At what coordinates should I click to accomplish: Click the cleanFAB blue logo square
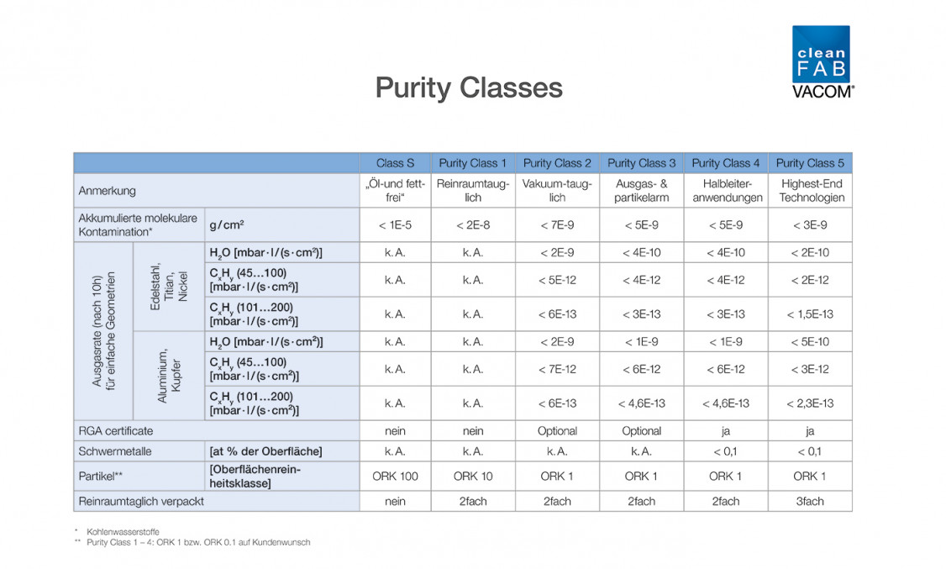pyautogui.click(x=821, y=55)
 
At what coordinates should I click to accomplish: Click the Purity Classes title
pyautogui.click(x=469, y=87)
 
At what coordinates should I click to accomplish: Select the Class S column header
pyautogui.click(x=395, y=163)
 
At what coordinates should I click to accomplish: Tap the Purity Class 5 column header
pyautogui.click(x=810, y=163)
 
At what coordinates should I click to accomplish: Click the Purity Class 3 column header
pyautogui.click(x=641, y=163)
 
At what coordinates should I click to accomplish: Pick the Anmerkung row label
pyautogui.click(x=107, y=191)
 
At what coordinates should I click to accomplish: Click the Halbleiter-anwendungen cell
pyautogui.click(x=727, y=191)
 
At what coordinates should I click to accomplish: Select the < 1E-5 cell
pyautogui.click(x=395, y=225)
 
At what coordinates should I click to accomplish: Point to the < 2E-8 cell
pyautogui.click(x=473, y=225)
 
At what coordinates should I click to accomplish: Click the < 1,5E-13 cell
pyautogui.click(x=810, y=314)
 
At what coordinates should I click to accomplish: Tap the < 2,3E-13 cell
pyautogui.click(x=810, y=403)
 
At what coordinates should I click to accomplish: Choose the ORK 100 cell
pyautogui.click(x=395, y=476)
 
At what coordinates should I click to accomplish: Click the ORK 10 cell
pyautogui.click(x=473, y=476)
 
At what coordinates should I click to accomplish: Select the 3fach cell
pyautogui.click(x=810, y=502)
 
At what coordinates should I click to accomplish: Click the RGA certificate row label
pyautogui.click(x=116, y=431)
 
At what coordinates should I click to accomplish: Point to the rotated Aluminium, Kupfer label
pyautogui.click(x=169, y=376)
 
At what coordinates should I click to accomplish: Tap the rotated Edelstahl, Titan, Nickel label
pyautogui.click(x=169, y=286)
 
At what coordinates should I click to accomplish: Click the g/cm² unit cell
pyautogui.click(x=227, y=225)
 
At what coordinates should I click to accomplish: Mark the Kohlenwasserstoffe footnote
pyautogui.click(x=123, y=531)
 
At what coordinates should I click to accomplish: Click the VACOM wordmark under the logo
pyautogui.click(x=823, y=92)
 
